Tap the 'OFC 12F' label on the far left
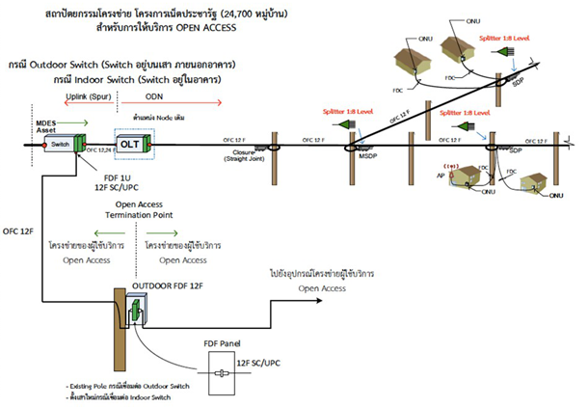click(17, 231)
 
